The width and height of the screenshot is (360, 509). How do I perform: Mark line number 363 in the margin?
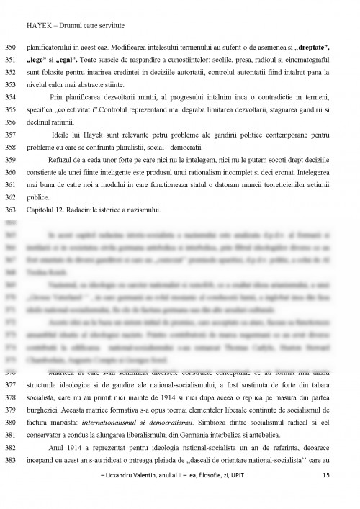(x=10, y=210)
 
